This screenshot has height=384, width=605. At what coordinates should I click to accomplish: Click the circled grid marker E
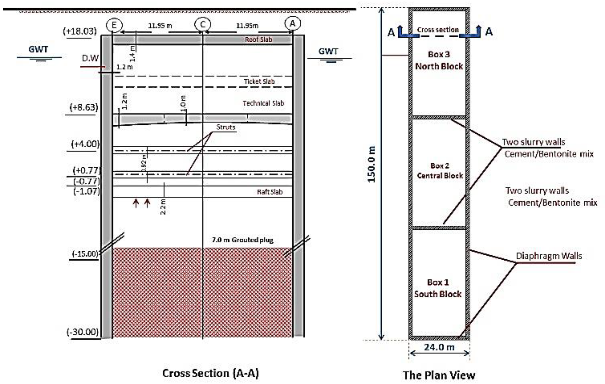pos(114,25)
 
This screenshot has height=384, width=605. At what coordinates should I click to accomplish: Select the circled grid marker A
pos(292,23)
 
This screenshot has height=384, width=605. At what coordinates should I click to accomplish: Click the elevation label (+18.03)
pos(80,31)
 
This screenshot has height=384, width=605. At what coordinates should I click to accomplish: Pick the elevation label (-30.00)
pos(83,332)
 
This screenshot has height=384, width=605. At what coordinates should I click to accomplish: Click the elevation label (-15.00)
pos(85,254)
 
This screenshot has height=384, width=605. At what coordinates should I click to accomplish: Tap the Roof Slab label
pos(259,39)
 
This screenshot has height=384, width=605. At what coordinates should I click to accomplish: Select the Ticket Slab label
pos(259,81)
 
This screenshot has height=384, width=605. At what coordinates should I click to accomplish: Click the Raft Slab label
pos(270,192)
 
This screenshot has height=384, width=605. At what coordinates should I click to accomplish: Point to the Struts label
pos(226,127)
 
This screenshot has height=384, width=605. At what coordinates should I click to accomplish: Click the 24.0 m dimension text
pos(439,347)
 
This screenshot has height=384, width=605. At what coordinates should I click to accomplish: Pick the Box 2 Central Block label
pos(440,171)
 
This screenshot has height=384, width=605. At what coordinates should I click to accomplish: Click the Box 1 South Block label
pos(438,288)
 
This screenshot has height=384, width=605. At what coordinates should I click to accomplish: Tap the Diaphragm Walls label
pos(549,256)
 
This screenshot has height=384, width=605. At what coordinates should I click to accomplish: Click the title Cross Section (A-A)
pos(210,373)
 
